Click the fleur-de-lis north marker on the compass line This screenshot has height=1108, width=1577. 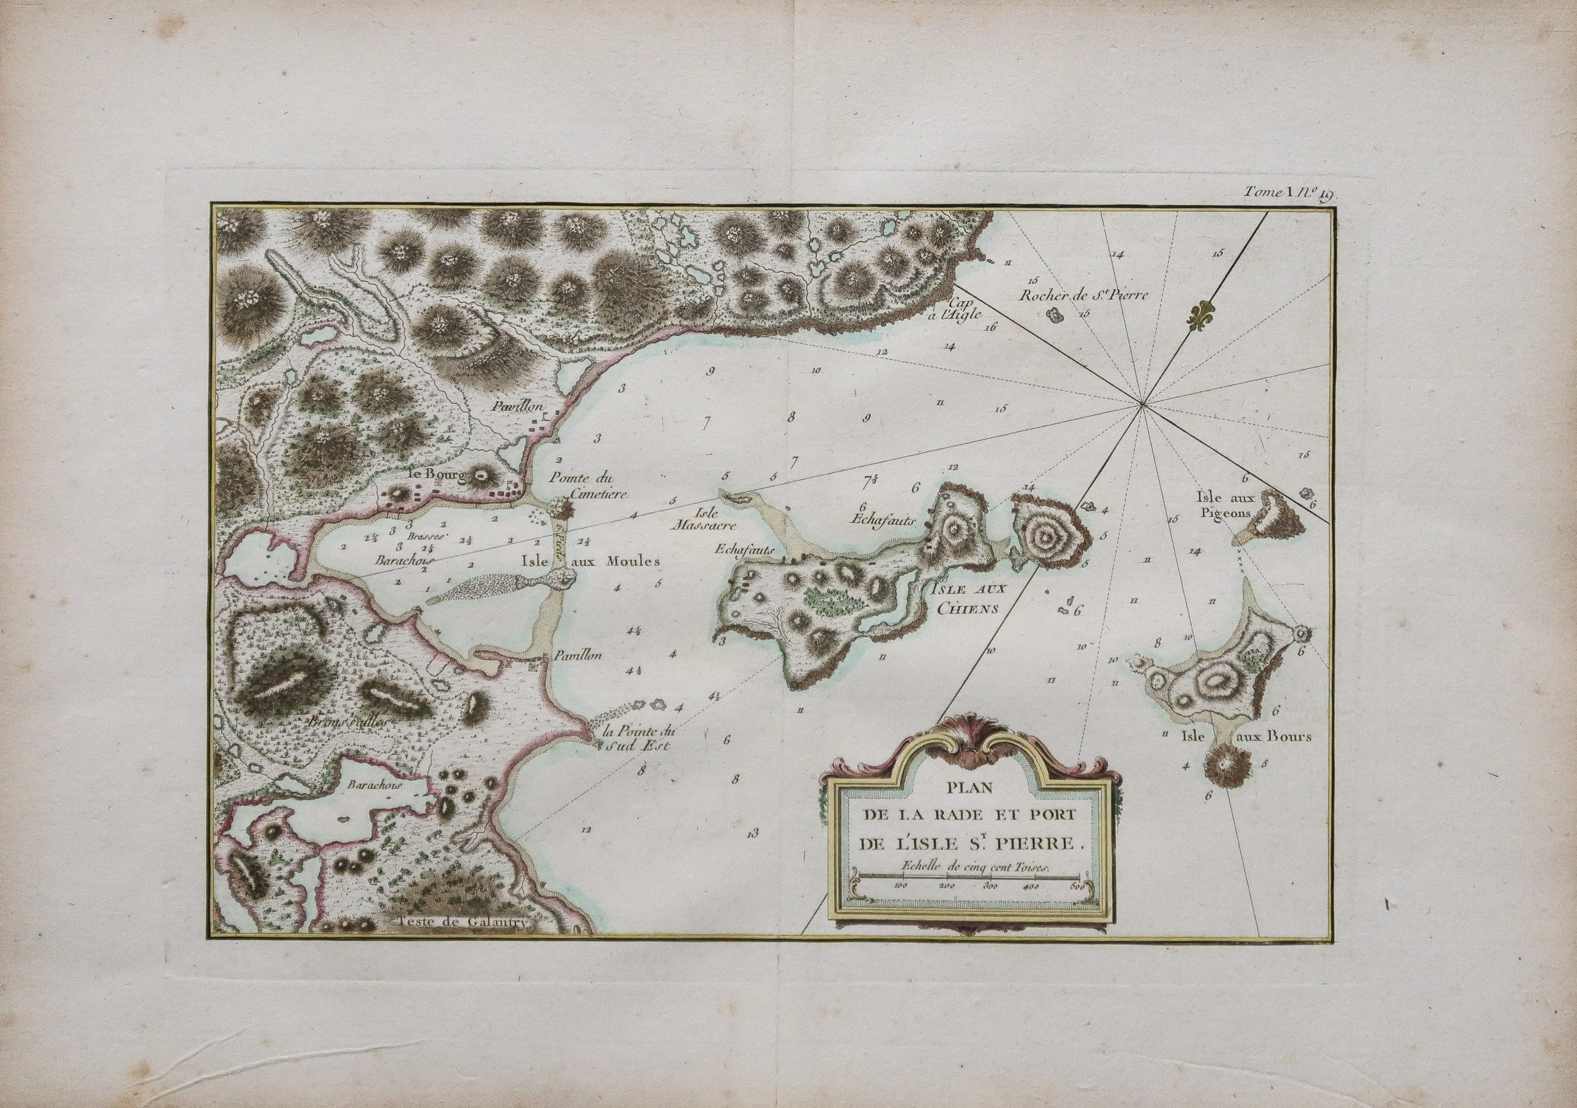coord(1200,326)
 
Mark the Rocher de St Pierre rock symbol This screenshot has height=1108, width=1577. coord(1052,315)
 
